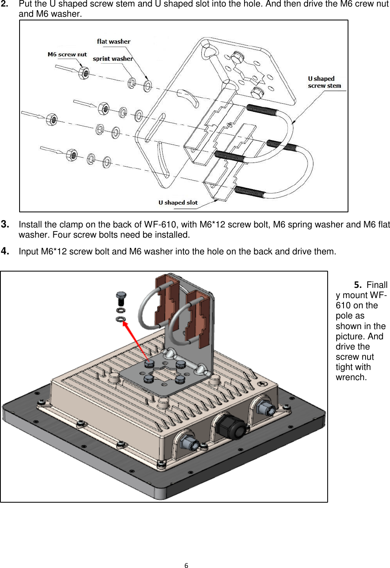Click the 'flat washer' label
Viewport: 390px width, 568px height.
(x=113, y=41)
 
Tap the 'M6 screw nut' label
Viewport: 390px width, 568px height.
(x=67, y=54)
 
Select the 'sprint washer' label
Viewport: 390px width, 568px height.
(x=112, y=59)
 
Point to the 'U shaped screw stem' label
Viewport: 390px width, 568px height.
(x=324, y=82)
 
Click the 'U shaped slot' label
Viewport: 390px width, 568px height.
(x=178, y=203)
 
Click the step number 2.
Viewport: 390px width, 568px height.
(x=5, y=4)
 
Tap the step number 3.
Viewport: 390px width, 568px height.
(x=5, y=224)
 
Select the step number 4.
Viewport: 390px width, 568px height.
(x=5, y=251)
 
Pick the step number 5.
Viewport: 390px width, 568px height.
(x=358, y=285)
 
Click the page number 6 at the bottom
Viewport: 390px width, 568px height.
(x=186, y=565)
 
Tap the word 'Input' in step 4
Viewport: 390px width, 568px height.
(x=29, y=252)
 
